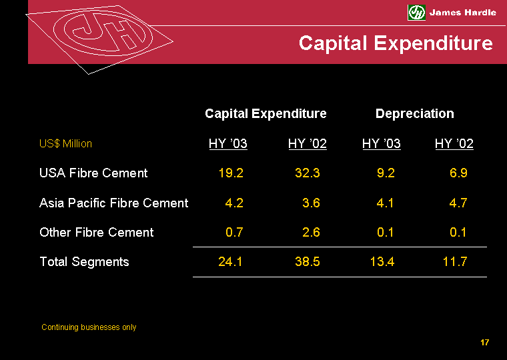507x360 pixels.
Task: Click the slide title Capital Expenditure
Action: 396,43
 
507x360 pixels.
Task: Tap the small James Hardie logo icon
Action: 416,12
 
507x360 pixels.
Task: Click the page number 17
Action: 485,343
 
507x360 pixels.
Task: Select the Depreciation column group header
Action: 414,114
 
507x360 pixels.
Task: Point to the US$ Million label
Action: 66,144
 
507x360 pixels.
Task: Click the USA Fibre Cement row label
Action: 93,173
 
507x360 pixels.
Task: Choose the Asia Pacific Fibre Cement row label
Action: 114,203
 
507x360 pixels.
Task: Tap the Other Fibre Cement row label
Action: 97,233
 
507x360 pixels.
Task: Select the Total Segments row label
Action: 84,262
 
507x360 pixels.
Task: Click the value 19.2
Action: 231,173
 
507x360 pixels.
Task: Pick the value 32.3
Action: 308,173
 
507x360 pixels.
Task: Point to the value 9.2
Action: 386,173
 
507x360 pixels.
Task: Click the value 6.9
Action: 459,173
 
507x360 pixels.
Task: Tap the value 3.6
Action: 311,203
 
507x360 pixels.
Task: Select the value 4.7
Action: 459,203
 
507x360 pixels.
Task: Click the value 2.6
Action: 311,233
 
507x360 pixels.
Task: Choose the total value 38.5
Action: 308,262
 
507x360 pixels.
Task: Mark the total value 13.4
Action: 382,262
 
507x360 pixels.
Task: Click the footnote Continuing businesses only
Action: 89,327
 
